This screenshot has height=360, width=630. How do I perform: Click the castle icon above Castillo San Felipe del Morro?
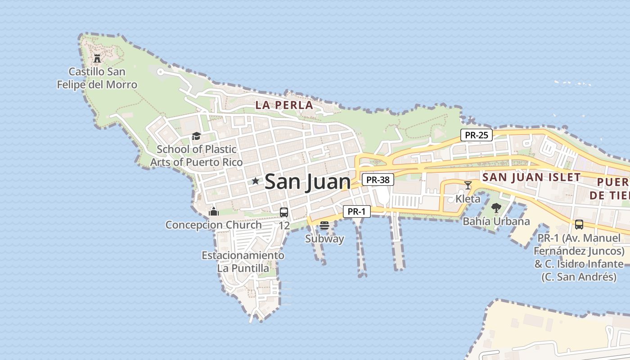pyautogui.click(x=97, y=58)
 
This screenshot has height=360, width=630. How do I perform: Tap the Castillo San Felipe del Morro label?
pyautogui.click(x=97, y=78)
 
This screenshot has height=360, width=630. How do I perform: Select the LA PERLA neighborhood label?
pyautogui.click(x=284, y=105)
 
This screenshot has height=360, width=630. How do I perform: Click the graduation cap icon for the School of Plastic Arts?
pyautogui.click(x=196, y=136)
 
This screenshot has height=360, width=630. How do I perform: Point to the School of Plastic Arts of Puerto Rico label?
pyautogui.click(x=196, y=156)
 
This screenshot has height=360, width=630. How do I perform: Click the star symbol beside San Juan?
pyautogui.click(x=256, y=181)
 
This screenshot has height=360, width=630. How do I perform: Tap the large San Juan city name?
pyautogui.click(x=307, y=182)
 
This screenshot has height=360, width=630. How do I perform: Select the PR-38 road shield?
pyautogui.click(x=378, y=180)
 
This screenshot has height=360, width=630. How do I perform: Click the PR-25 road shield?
pyautogui.click(x=477, y=135)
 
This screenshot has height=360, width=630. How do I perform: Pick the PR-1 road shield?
pyautogui.click(x=357, y=211)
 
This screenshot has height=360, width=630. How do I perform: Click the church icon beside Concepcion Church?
pyautogui.click(x=214, y=211)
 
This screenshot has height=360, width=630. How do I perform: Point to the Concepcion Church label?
pyautogui.click(x=213, y=225)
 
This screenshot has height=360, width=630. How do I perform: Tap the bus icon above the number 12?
pyautogui.click(x=284, y=212)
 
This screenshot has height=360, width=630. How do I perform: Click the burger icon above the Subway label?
pyautogui.click(x=324, y=225)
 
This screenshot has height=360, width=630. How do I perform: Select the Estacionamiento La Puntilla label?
pyautogui.click(x=243, y=262)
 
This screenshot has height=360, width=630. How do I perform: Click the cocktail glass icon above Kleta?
pyautogui.click(x=468, y=185)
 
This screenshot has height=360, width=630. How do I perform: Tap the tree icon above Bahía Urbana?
pyautogui.click(x=496, y=207)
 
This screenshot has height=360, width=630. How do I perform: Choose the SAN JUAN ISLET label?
pyautogui.click(x=531, y=177)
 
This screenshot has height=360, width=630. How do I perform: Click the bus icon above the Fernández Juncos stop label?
pyautogui.click(x=579, y=224)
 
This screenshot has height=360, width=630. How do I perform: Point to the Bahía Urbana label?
pyautogui.click(x=496, y=221)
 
